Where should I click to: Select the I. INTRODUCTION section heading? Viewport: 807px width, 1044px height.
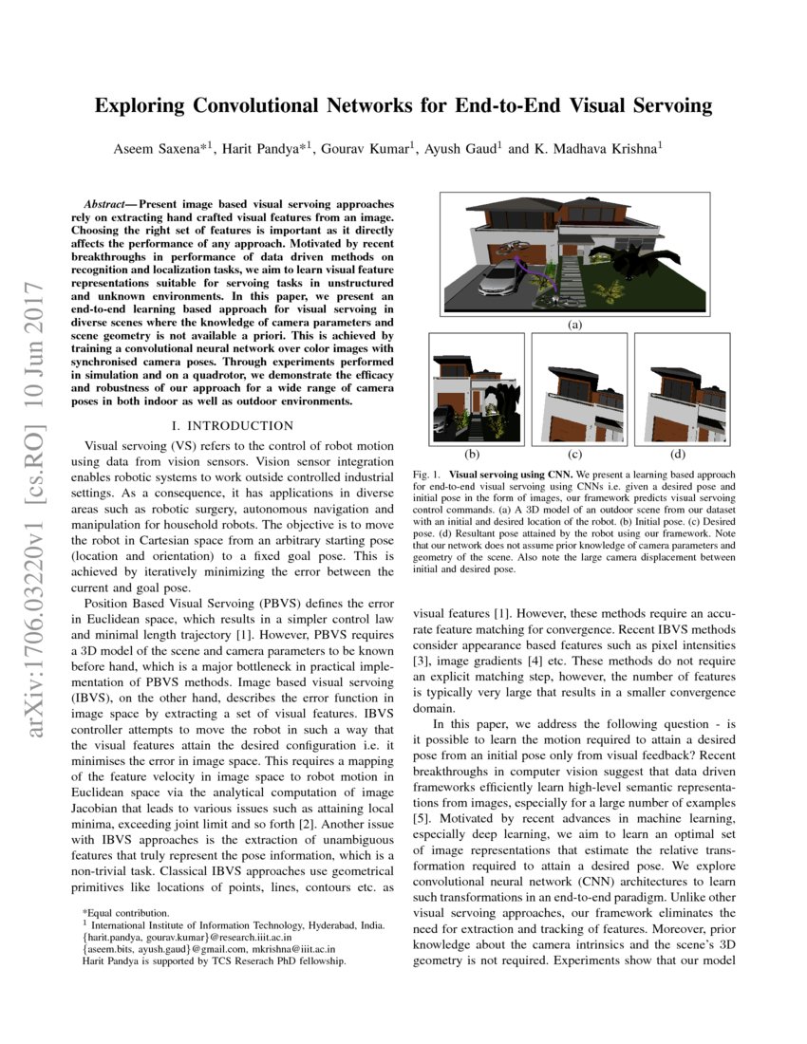point(230,426)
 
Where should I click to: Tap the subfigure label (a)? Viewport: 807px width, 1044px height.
point(573,325)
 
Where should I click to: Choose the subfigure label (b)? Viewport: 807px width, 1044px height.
point(471,453)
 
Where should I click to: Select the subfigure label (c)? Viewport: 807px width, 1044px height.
point(573,453)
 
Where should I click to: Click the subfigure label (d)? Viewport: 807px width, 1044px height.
point(677,453)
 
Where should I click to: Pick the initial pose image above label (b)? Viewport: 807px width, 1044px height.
point(471,388)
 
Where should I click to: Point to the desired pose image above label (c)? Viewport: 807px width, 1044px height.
point(573,388)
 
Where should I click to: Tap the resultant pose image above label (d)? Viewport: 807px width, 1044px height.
point(677,388)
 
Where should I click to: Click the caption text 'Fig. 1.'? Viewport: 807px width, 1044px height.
point(426,472)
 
